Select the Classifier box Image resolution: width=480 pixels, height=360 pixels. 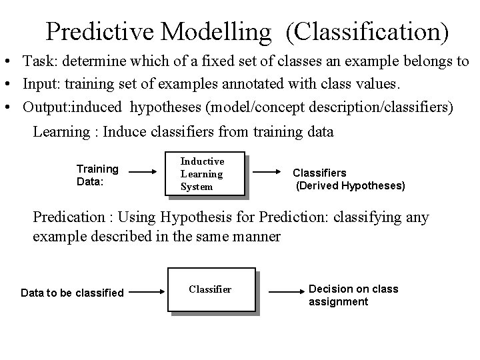(x=211, y=289)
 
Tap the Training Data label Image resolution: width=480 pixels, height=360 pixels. (x=97, y=175)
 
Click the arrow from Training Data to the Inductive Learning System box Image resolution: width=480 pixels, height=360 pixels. (x=147, y=173)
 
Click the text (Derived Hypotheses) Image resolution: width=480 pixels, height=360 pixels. (x=350, y=186)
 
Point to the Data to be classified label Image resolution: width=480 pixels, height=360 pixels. (x=72, y=293)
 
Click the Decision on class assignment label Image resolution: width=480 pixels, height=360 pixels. (x=353, y=295)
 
